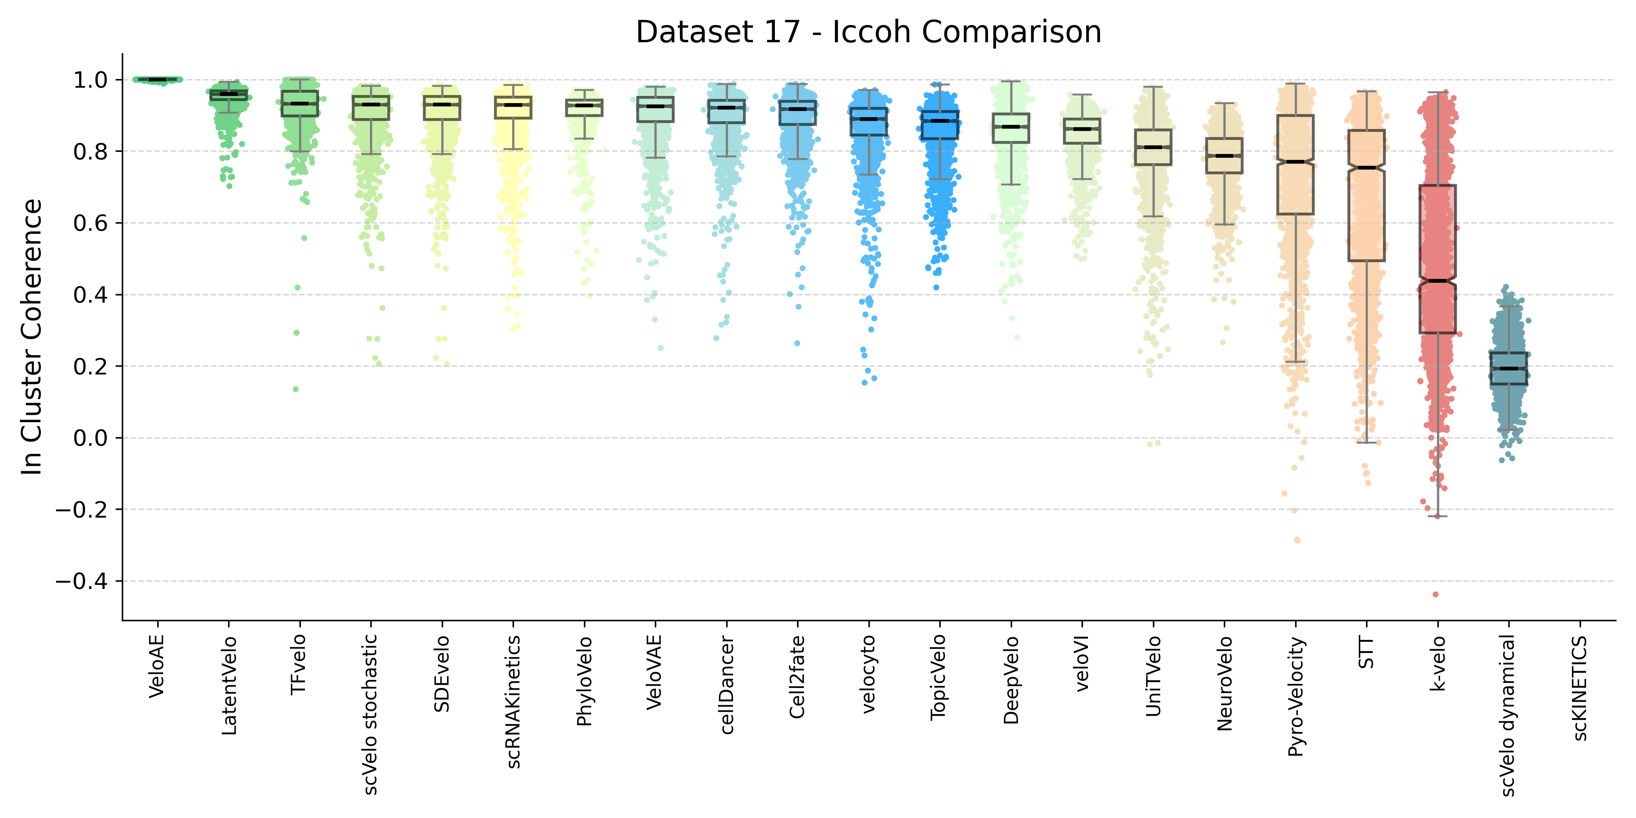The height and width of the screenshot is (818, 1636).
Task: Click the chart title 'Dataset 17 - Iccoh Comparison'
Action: pyautogui.click(x=868, y=32)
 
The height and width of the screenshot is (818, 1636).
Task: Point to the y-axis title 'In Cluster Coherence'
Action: pyautogui.click(x=32, y=337)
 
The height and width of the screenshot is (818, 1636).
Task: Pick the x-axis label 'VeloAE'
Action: pyautogui.click(x=157, y=667)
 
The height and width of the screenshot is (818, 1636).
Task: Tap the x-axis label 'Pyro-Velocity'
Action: pyautogui.click(x=1296, y=697)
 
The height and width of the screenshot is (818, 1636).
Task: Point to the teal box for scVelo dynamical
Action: pyautogui.click(x=1509, y=369)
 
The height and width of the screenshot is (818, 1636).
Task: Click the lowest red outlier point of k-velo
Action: pyautogui.click(x=1435, y=594)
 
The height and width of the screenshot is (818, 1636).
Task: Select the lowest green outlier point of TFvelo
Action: pyautogui.click(x=296, y=389)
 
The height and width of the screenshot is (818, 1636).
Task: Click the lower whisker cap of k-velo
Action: pyautogui.click(x=1438, y=516)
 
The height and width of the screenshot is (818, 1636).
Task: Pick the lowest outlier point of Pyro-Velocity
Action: pyautogui.click(x=1297, y=540)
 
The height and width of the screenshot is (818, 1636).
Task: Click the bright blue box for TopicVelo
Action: pyautogui.click(x=940, y=125)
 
